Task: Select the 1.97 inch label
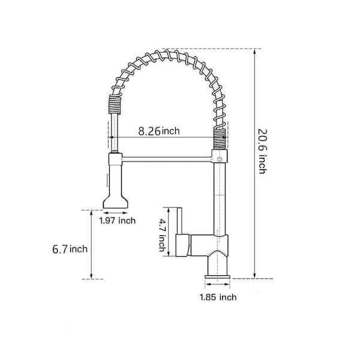[x=117, y=221]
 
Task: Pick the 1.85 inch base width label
[x=218, y=297]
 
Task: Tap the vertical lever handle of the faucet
[x=178, y=221]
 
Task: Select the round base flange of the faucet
[x=218, y=277]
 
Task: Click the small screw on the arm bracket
[x=220, y=158]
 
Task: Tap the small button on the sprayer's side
[x=107, y=179]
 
